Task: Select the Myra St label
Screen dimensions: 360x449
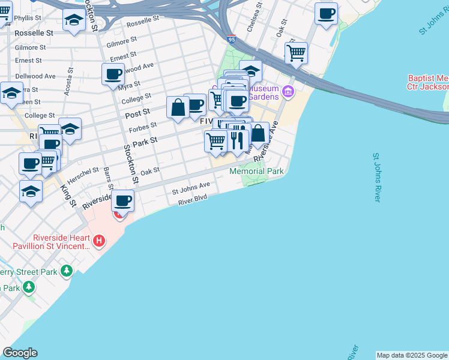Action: pos(129,85)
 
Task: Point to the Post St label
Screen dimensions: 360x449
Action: pos(137,113)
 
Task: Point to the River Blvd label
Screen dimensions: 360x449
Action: pos(192,200)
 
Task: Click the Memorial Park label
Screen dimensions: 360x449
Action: pos(256,171)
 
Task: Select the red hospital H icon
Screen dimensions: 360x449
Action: pos(100,242)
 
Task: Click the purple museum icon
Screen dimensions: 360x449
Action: pos(289,92)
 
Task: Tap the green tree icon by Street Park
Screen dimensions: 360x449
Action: pos(67,272)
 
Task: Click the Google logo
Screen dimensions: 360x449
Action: pos(20,353)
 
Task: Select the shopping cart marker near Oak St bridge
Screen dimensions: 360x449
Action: pos(296,53)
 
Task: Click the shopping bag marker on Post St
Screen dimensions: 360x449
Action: pos(178,108)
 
